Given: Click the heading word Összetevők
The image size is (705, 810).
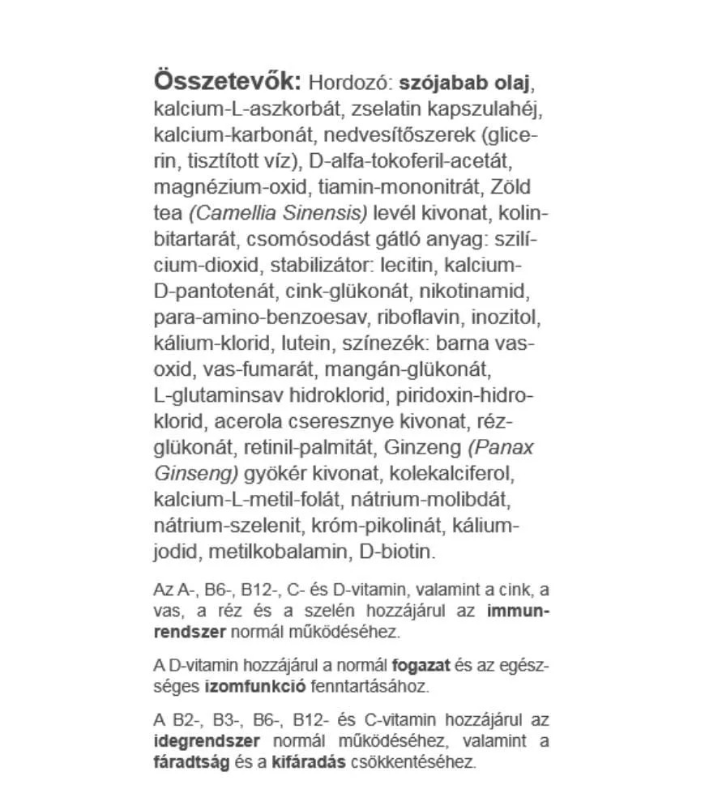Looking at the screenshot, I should pos(227,83).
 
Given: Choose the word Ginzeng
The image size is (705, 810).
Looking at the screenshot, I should pos(421,448).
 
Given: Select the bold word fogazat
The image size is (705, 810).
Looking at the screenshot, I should pos(421,667).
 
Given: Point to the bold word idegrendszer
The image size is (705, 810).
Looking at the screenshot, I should pos(207,740).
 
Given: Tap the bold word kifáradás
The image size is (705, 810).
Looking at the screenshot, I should pos(309,761).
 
